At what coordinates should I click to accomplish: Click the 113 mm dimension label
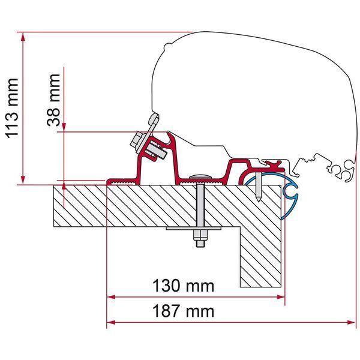(12, 109)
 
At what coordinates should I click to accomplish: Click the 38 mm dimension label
(54, 100)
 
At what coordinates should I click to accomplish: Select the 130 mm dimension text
(183, 286)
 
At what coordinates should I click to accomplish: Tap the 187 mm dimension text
(183, 311)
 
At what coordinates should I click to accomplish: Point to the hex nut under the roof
(200, 235)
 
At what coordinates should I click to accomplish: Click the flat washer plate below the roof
(194, 228)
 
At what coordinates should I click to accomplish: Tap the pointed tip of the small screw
(259, 202)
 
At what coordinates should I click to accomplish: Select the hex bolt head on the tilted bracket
(136, 140)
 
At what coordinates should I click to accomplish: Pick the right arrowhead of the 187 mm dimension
(351, 323)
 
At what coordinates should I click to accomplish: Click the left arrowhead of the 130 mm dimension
(111, 297)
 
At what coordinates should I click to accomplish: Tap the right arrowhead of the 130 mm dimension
(281, 297)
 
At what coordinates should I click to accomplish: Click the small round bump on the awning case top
(167, 47)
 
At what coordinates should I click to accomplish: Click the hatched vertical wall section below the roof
(260, 257)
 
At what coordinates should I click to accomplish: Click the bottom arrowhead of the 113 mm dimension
(23, 179)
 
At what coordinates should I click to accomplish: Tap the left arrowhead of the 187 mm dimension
(111, 323)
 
